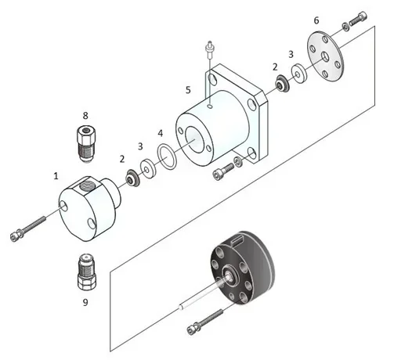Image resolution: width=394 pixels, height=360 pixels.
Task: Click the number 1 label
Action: [56, 177]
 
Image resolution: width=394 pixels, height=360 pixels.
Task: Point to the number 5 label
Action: [188, 90]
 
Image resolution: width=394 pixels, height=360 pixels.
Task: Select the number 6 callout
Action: [316, 20]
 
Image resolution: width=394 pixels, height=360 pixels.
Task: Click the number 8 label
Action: [85, 115]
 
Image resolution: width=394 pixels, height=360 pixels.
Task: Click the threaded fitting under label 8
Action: [85, 140]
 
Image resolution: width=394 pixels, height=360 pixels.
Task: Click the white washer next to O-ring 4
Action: [147, 167]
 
